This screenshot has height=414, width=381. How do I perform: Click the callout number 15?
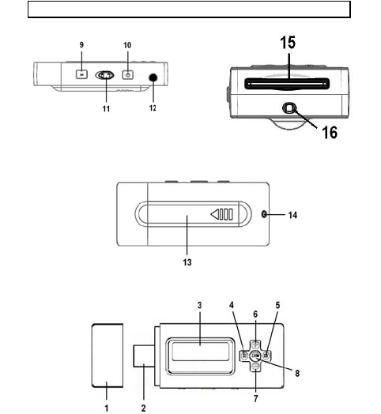tap(288, 43)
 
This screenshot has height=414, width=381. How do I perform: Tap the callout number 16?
tap(330, 132)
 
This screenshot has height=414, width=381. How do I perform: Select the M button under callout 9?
tap(82, 74)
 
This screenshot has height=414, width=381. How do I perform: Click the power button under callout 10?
tap(127, 75)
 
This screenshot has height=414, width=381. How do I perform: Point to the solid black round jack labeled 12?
tap(153, 77)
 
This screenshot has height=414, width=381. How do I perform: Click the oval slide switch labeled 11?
tap(105, 76)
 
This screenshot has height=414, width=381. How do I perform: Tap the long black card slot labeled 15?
tap(287, 84)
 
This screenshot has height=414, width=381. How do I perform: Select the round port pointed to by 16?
tap(289, 108)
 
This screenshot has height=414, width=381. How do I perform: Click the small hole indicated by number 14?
tap(264, 214)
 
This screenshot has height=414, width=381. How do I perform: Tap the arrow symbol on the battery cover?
tap(222, 214)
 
